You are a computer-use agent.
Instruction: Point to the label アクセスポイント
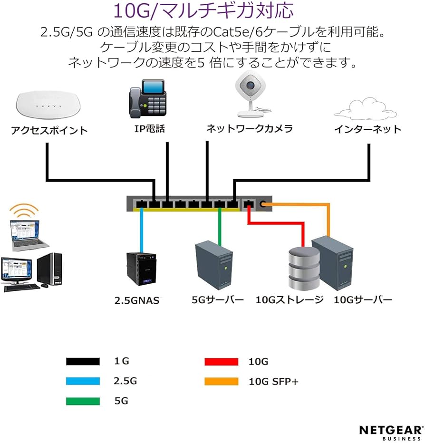click(49, 130)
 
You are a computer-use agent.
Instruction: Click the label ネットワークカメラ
click(249, 129)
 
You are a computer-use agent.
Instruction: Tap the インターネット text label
click(367, 129)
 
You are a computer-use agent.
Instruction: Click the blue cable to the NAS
click(142, 231)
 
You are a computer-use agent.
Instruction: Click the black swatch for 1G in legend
click(83, 362)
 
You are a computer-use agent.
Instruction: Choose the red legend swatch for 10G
click(221, 362)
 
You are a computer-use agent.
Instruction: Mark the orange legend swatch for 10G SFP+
click(221, 381)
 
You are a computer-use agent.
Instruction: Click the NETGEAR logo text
click(390, 430)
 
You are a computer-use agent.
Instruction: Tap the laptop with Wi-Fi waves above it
click(29, 233)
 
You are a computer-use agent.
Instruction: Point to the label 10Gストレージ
click(290, 300)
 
